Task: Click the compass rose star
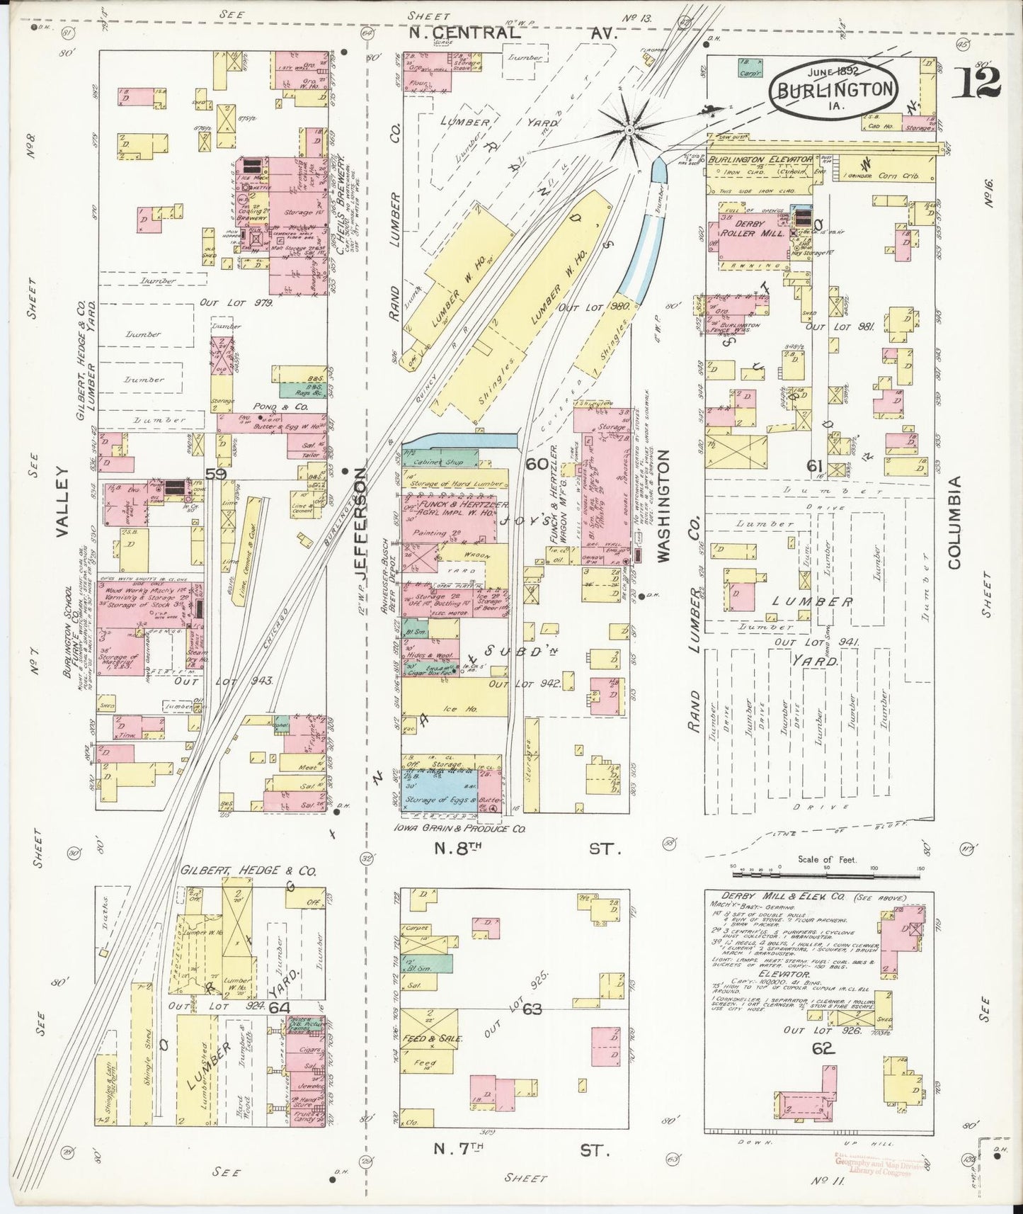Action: click(x=627, y=130)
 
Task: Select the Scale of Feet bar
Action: click(x=826, y=866)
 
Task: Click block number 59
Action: click(x=216, y=474)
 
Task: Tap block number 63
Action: click(x=532, y=1009)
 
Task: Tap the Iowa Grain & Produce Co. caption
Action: click(x=464, y=827)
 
